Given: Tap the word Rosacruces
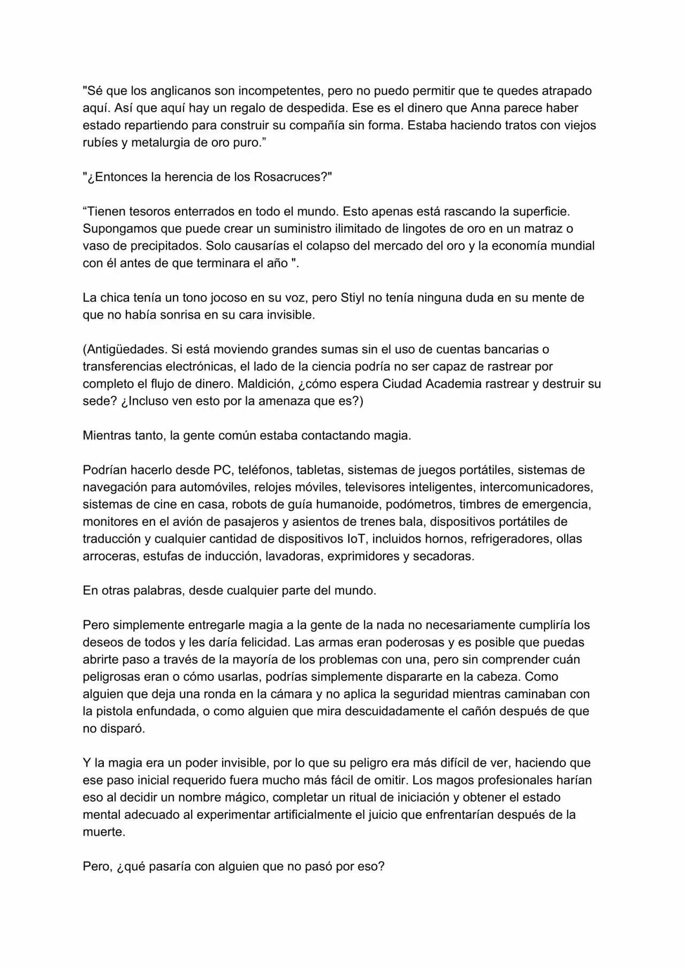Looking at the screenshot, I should [287, 177].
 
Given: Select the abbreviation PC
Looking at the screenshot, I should [222, 471].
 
